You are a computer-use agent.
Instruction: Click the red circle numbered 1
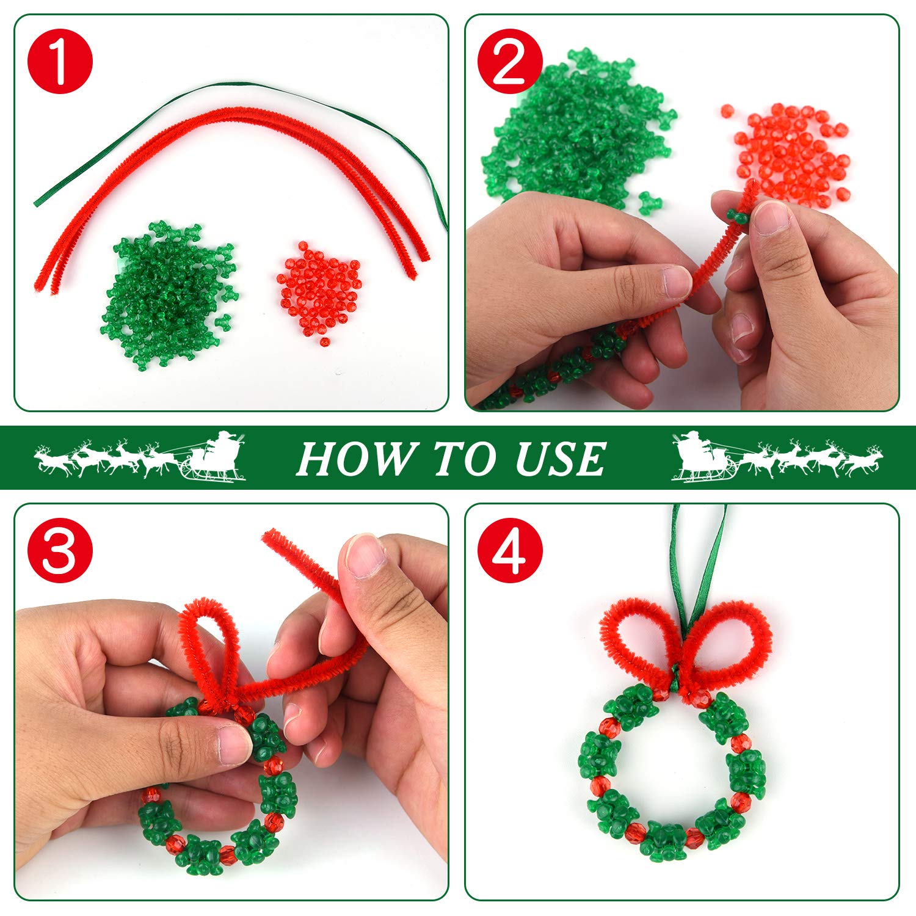60,61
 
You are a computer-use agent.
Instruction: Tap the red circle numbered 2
510,61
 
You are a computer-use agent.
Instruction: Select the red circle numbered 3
60,550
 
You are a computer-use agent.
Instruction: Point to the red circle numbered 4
510,550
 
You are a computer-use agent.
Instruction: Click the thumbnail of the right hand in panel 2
772,217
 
